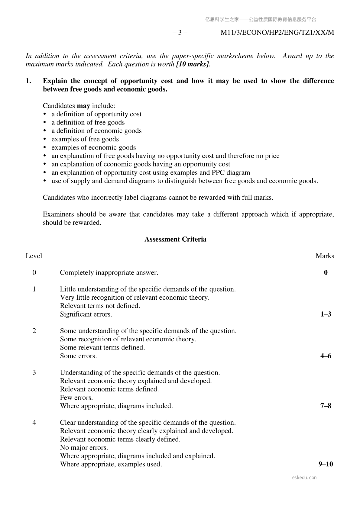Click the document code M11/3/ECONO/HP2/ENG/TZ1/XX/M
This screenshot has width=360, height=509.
click(x=277, y=33)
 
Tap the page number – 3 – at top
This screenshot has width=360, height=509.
click(x=180, y=33)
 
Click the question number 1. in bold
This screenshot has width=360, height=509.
click(x=28, y=81)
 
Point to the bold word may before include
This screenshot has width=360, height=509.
click(x=83, y=106)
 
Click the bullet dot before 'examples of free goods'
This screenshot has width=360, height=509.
click(x=45, y=139)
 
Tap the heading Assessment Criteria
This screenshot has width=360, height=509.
click(x=175, y=239)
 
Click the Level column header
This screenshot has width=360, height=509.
click(x=34, y=256)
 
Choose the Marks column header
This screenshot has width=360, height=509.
click(x=325, y=256)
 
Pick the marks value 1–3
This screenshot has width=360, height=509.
click(x=326, y=314)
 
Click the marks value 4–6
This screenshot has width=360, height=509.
click(x=326, y=356)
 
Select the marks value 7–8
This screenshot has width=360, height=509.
click(x=326, y=406)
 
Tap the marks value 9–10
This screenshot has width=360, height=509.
click(x=326, y=464)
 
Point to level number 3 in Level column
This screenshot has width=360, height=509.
click(x=34, y=372)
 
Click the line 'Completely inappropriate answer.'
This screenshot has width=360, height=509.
click(x=109, y=272)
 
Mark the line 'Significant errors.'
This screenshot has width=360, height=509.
click(x=86, y=314)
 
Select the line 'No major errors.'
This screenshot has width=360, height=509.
click(x=84, y=447)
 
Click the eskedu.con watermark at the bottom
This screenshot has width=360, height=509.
click(x=304, y=478)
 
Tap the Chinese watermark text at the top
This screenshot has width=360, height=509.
click(x=260, y=20)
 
